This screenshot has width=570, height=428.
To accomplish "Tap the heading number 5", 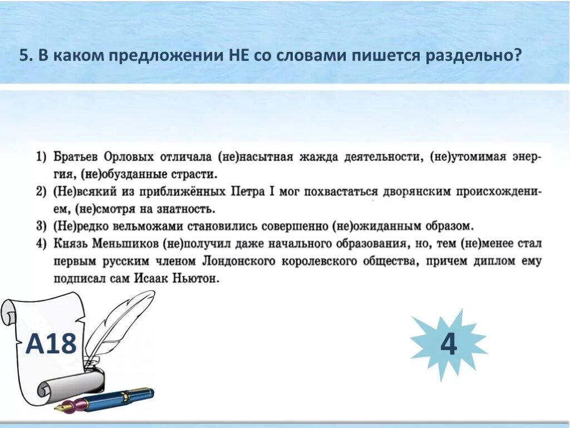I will [x=24, y=56].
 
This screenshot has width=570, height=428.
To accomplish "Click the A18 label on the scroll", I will [x=51, y=343].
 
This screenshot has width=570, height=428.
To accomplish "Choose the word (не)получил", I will [x=198, y=244].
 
